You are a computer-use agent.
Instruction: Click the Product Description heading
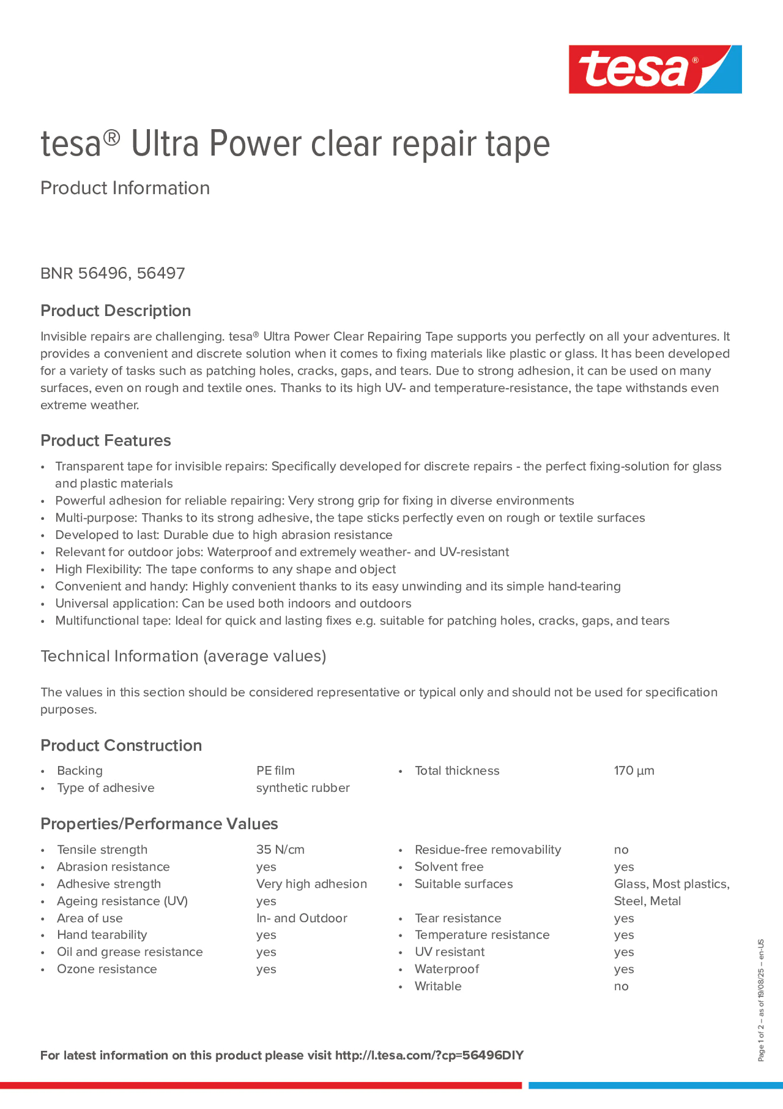[x=115, y=311]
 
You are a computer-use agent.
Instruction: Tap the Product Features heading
[x=105, y=441]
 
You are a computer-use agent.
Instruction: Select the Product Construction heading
[x=121, y=745]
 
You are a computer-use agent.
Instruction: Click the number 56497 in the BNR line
[x=161, y=273]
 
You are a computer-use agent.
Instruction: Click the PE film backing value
[x=275, y=771]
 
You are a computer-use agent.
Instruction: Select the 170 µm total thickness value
[x=634, y=771]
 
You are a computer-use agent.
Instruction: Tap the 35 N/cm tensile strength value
[x=280, y=849]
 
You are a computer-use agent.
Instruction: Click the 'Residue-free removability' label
[x=488, y=849]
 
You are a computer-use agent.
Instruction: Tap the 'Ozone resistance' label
[x=107, y=969]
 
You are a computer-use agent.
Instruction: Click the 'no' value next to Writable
[x=621, y=987]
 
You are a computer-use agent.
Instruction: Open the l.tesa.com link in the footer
[x=429, y=1055]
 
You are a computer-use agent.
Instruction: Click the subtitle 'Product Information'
[x=125, y=188]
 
